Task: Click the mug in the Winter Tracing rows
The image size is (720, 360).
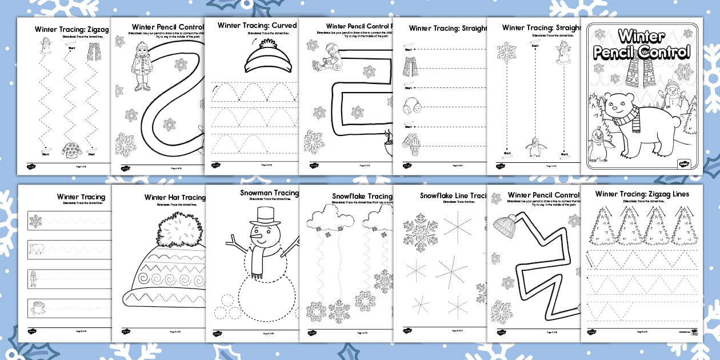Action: [x=36, y=309]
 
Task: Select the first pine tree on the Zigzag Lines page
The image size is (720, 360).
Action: [x=598, y=226]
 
